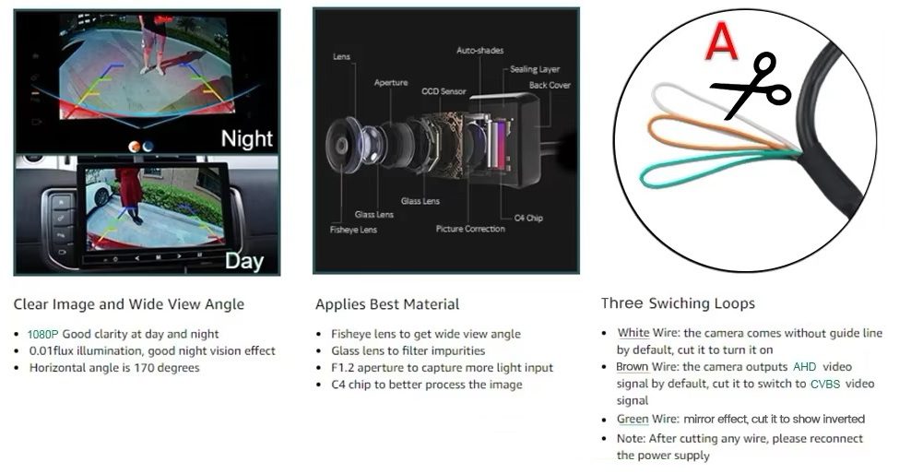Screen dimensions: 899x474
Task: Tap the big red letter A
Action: (x=721, y=41)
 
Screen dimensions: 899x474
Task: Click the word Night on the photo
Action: (x=246, y=138)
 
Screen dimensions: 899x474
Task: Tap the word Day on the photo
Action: (x=244, y=261)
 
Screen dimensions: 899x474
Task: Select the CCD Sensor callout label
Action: (x=444, y=91)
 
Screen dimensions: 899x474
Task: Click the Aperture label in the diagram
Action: (x=391, y=82)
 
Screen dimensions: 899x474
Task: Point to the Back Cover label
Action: (x=550, y=85)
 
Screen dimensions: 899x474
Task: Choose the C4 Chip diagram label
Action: (x=528, y=218)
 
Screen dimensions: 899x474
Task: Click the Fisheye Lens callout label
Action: (x=353, y=230)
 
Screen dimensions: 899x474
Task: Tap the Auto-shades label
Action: (x=479, y=51)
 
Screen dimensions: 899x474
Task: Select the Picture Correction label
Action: (x=471, y=229)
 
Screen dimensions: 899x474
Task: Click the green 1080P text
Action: (x=43, y=334)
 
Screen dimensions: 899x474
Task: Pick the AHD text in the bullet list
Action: (x=804, y=367)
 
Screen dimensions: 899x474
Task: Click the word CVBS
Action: (x=825, y=384)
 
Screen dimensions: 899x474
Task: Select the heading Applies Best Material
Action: (x=387, y=304)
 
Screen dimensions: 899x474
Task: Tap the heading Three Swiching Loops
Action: (x=678, y=303)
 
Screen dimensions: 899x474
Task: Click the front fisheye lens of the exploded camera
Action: (x=343, y=145)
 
